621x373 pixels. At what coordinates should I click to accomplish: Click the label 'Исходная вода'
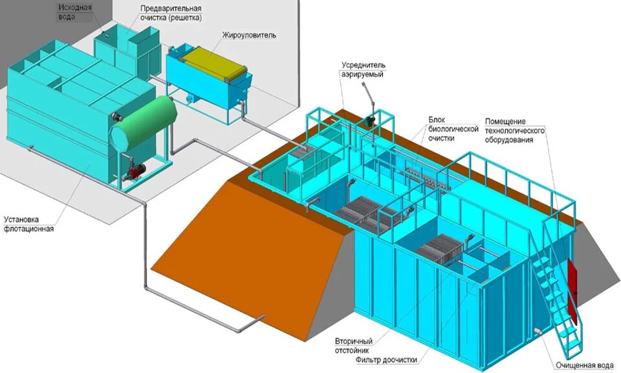click(x=75, y=12)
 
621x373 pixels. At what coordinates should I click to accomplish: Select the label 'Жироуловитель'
click(x=249, y=35)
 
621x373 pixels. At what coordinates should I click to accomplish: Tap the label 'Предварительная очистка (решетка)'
click(x=171, y=13)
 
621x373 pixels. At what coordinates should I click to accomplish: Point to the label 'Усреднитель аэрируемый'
click(x=364, y=70)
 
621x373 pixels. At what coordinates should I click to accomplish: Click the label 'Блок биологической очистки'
click(x=453, y=129)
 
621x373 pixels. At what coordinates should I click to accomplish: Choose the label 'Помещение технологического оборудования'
click(x=516, y=131)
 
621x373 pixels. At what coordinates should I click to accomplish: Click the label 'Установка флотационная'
click(x=28, y=223)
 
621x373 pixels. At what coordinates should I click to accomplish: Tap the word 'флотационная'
click(x=28, y=229)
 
